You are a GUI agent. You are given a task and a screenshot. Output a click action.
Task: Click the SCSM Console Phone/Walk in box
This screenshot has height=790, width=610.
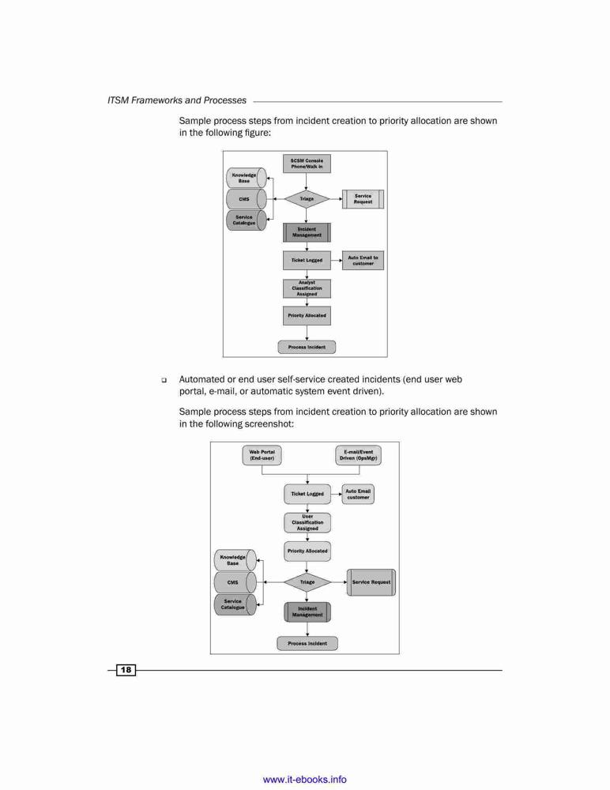coord(307,164)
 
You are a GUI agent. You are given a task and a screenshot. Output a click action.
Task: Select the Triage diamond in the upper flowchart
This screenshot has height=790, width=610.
coord(307,199)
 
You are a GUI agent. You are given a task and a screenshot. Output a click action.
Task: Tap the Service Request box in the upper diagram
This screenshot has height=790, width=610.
coord(363,199)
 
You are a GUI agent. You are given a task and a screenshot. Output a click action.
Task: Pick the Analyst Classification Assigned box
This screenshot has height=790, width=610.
coord(307,288)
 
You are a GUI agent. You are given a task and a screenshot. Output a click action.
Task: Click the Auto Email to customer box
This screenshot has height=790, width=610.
coord(363,261)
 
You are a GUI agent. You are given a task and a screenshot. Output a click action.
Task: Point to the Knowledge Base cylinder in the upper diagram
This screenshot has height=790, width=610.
coord(246,178)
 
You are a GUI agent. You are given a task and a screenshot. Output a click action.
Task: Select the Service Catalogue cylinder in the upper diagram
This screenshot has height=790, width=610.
coord(246,220)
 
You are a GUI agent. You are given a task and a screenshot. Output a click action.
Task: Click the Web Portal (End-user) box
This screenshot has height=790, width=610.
coord(262,455)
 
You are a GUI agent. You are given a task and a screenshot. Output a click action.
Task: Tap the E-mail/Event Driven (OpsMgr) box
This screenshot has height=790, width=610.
coord(359,455)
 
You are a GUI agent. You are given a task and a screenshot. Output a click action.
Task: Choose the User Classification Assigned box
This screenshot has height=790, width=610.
coord(307,522)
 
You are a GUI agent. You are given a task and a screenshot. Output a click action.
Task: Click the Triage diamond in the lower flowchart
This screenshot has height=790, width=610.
coord(307,582)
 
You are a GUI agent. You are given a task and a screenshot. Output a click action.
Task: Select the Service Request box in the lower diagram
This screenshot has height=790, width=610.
coord(371,582)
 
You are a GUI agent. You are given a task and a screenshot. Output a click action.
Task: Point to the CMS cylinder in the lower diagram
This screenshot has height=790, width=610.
coord(235,582)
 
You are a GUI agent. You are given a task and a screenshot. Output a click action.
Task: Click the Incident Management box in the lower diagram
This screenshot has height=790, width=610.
coord(307,611)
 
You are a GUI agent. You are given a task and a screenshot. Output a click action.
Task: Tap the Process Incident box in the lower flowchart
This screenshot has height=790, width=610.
coord(307,643)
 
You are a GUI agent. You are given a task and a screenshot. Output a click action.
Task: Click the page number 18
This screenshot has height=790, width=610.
coord(126,670)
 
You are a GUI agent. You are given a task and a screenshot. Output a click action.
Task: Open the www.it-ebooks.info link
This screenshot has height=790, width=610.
coord(304,780)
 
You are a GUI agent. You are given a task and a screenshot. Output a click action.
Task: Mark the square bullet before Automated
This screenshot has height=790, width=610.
coord(164,380)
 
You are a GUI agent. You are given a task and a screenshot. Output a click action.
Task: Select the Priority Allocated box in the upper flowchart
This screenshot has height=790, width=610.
coord(307,316)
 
